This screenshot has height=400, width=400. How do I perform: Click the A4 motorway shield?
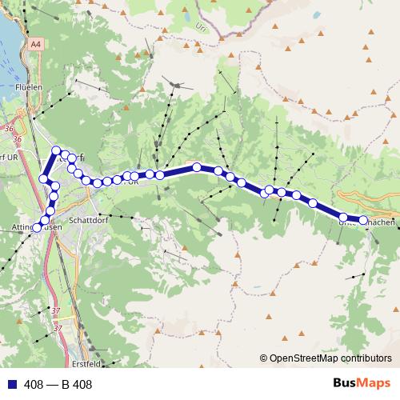tap(35, 46)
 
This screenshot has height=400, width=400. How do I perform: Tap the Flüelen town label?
tap(28, 89)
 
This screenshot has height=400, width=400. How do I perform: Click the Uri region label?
tap(200, 26)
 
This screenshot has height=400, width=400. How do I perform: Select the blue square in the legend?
tap(9, 384)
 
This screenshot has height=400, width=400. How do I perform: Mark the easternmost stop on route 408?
tap(362, 220)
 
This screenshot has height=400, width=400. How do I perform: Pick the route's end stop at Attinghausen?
tap(36, 228)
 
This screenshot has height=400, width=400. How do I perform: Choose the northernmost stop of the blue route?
tap(56, 150)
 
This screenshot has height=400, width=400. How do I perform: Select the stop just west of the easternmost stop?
tap(343, 217)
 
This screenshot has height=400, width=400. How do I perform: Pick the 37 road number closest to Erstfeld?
tap(57, 327)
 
